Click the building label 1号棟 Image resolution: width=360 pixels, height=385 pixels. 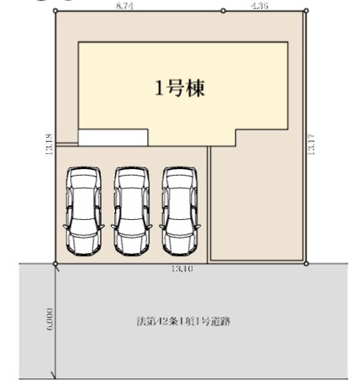(180, 89)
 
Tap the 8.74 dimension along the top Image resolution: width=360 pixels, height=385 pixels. (124, 6)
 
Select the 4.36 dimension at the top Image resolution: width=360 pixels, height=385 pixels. (259, 6)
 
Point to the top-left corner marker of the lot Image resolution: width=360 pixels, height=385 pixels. (55, 11)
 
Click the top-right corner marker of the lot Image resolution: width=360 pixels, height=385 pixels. (307, 10)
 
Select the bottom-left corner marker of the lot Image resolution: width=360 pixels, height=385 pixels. (55, 263)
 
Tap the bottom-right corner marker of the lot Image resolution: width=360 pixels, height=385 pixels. (307, 263)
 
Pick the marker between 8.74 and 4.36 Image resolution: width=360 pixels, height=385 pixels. (223, 11)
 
